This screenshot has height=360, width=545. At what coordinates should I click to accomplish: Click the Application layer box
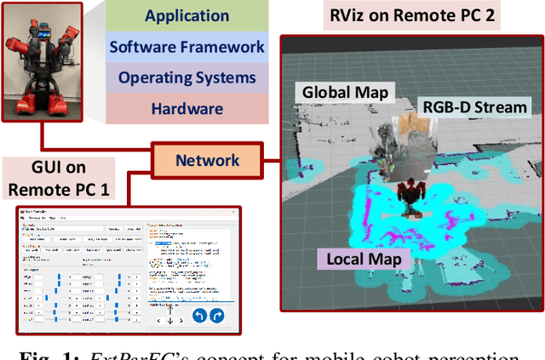pos(186,16)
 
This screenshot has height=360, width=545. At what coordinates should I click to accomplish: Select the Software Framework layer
pos(186,47)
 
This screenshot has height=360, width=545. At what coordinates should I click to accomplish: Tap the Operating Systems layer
pos(186,77)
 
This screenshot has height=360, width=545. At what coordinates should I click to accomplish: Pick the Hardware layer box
pos(186,108)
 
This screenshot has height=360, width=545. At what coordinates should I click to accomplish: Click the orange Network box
pos(207,160)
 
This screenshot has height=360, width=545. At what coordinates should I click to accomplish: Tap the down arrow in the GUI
pos(169,321)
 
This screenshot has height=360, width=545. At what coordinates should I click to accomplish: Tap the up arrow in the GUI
pos(169,309)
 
